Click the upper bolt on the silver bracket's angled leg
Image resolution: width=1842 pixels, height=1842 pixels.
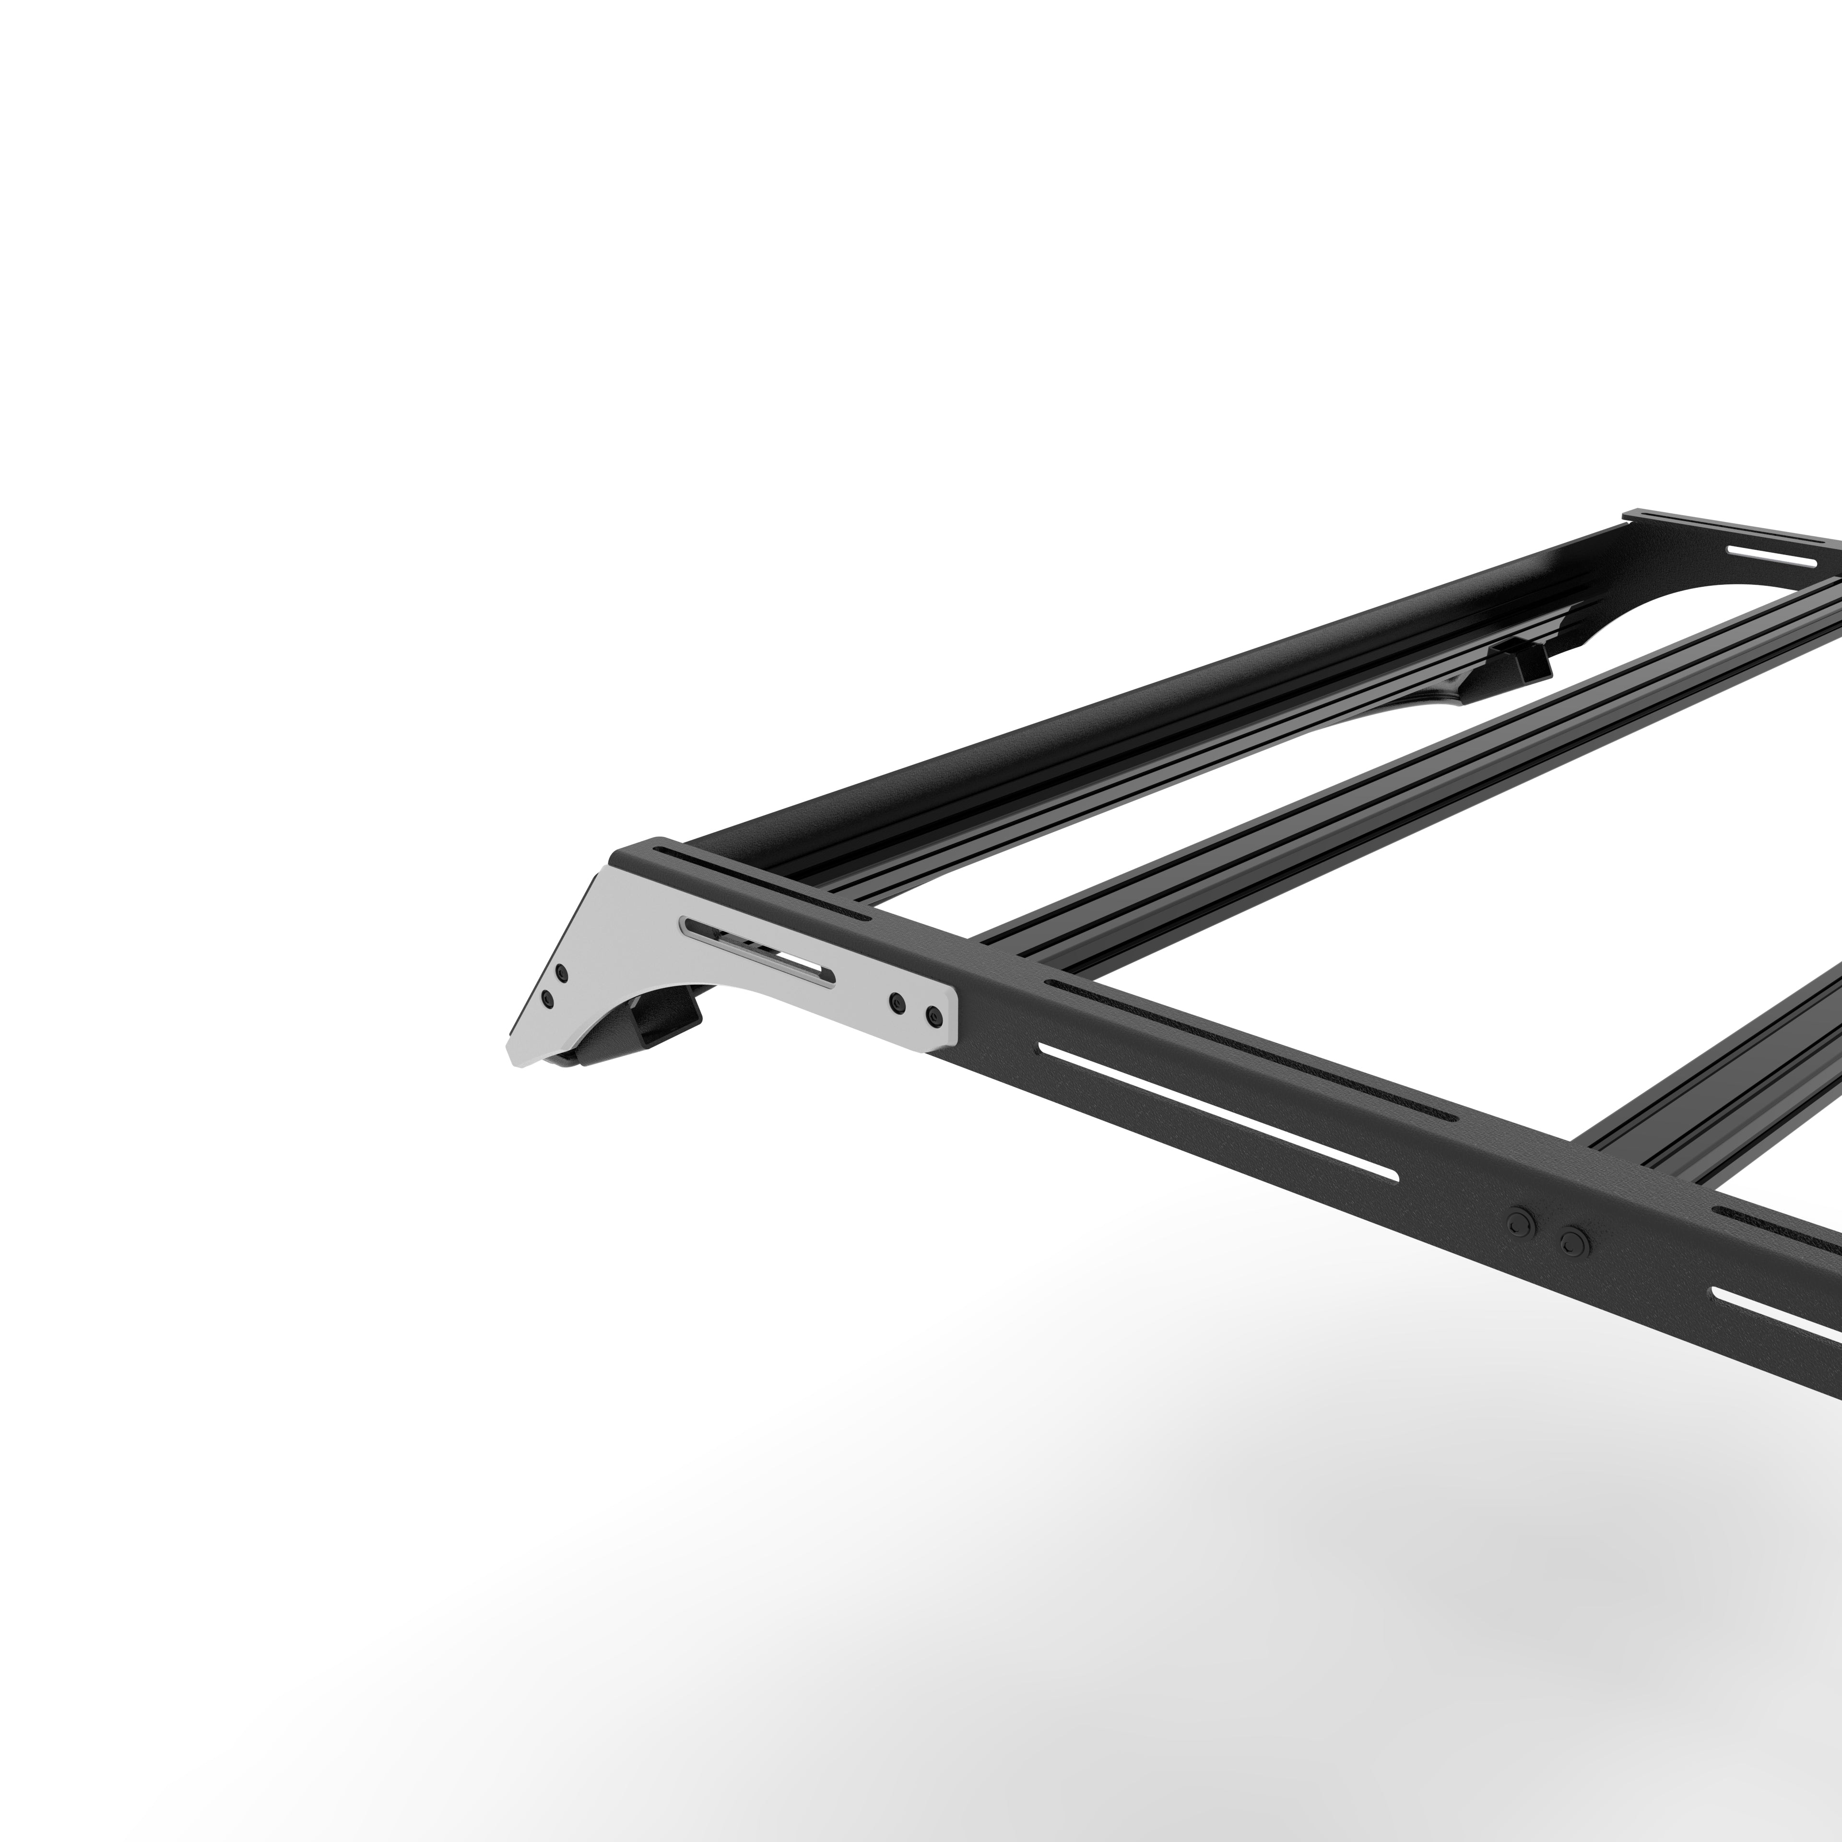pyautogui.click(x=562, y=973)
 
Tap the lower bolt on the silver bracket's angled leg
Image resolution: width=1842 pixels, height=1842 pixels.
pyautogui.click(x=547, y=998)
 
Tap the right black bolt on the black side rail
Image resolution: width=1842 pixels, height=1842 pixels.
pyautogui.click(x=1571, y=1241)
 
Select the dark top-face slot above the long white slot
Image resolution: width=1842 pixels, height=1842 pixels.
pyautogui.click(x=1249, y=1049)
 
